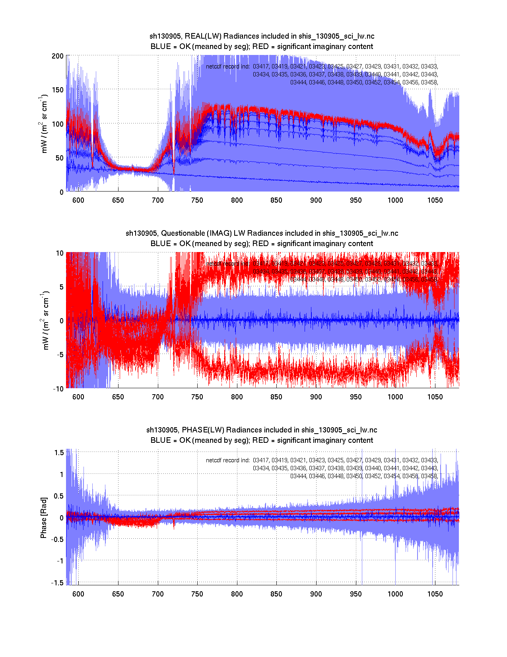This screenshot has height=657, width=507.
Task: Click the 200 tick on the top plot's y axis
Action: pos(58,56)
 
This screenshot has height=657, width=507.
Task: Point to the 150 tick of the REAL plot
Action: pos(58,90)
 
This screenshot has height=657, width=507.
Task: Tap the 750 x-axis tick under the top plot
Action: pos(197,200)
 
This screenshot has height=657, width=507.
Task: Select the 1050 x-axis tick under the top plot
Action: pos(435,200)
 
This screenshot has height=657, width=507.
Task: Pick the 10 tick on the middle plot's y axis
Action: pos(60,253)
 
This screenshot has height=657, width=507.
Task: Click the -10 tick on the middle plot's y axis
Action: pos(58,389)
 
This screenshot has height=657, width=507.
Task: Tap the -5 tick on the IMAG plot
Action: pos(60,355)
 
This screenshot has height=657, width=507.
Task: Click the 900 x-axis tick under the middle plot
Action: pos(316,397)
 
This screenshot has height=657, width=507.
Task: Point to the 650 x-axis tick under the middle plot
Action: pos(118,397)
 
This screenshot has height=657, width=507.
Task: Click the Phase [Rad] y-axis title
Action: pos(44,517)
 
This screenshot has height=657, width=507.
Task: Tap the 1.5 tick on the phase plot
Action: pos(59,452)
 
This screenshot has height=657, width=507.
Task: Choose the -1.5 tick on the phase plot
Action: pos(58,583)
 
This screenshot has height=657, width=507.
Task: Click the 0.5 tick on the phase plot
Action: pos(59,496)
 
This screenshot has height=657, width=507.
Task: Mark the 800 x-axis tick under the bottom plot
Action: pos(237,594)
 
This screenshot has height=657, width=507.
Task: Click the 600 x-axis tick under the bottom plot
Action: pos(78,594)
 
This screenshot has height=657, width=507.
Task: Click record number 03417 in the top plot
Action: pos(261,66)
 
